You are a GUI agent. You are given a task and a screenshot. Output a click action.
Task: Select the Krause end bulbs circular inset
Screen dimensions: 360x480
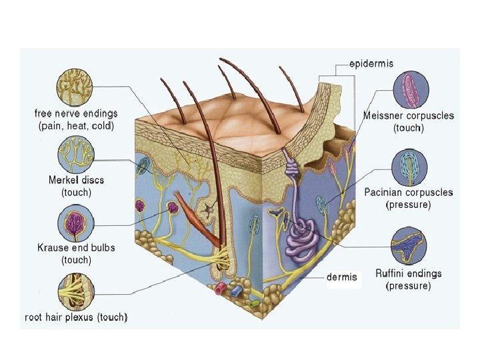pyautogui.click(x=75, y=222)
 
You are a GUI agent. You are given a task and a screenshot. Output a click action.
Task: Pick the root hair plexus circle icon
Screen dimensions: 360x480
pyautogui.click(x=75, y=289)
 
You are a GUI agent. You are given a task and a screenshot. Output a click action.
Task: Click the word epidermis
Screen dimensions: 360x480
pyautogui.click(x=371, y=64)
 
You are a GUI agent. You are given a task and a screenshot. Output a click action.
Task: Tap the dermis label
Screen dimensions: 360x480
pyautogui.click(x=342, y=277)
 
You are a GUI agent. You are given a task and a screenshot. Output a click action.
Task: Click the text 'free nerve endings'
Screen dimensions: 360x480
pyautogui.click(x=75, y=114)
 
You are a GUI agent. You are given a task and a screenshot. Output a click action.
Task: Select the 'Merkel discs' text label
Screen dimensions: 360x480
pyautogui.click(x=76, y=180)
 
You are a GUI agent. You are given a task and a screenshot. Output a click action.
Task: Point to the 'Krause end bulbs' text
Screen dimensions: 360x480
pyautogui.click(x=76, y=247)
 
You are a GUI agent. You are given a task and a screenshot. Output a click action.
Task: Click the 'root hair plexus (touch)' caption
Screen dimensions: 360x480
pyautogui.click(x=76, y=317)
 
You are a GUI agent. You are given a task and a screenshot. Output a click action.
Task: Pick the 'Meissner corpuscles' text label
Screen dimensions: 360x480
pyautogui.click(x=409, y=115)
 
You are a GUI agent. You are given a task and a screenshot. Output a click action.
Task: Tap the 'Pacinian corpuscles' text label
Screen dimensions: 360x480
pyautogui.click(x=409, y=193)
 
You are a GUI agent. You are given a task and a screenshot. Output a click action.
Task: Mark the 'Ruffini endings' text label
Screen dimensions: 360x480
pyautogui.click(x=409, y=273)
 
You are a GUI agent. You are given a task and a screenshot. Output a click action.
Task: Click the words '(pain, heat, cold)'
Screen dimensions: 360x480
pyautogui.click(x=76, y=125)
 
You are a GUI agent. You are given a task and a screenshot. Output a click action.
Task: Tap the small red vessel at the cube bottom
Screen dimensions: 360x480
pyautogui.click(x=220, y=289)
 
